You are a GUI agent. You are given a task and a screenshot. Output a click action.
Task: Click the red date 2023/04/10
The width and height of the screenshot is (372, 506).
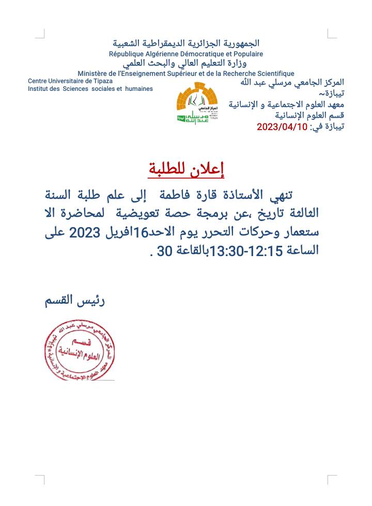click(282, 127)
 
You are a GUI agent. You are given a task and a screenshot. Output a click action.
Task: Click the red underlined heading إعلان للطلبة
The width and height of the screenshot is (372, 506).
click(187, 169)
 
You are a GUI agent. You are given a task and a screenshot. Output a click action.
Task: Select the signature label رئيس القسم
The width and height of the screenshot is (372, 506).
click(74, 301)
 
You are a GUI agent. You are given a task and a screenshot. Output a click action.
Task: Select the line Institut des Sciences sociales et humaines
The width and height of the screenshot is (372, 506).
click(90, 89)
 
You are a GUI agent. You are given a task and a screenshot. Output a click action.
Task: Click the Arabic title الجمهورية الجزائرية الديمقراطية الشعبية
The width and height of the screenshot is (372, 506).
click(186, 43)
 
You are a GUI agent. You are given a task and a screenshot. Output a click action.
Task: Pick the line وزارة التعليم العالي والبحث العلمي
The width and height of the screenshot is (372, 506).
click(186, 64)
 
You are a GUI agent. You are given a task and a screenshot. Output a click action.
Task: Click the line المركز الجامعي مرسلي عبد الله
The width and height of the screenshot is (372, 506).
click(292, 83)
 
